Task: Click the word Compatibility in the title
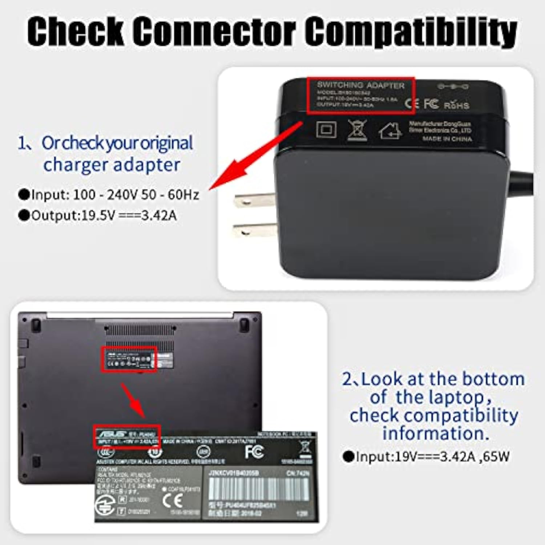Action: [x=411, y=32]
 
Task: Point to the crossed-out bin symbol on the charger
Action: [x=357, y=130]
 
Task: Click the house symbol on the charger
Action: [x=390, y=131]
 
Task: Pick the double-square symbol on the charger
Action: [x=326, y=130]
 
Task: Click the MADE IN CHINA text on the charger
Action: [x=447, y=139]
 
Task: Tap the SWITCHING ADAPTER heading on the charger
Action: [x=360, y=85]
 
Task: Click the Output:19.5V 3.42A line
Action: [x=98, y=215]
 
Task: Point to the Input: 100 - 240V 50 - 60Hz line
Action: [x=109, y=195]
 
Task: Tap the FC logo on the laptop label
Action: [x=254, y=452]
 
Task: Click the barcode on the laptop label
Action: [x=259, y=489]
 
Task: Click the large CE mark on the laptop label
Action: [x=172, y=501]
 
